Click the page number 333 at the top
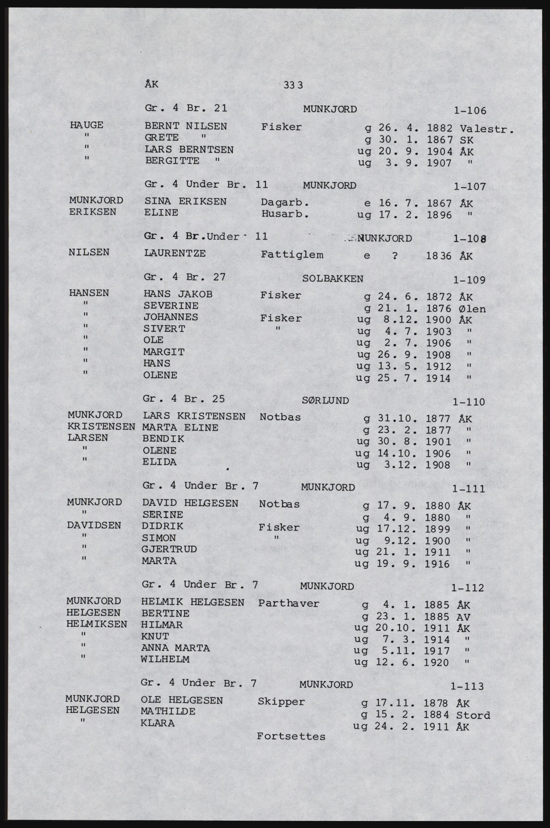(294, 85)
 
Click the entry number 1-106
(470, 111)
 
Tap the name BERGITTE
(172, 161)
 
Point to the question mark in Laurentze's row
(395, 256)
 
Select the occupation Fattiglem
(292, 255)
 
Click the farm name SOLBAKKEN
(332, 279)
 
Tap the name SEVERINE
(171, 306)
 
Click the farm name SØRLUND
(325, 400)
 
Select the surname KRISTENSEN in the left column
(101, 427)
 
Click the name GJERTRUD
(169, 549)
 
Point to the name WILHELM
(165, 659)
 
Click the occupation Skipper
(281, 701)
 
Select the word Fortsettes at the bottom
(291, 736)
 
